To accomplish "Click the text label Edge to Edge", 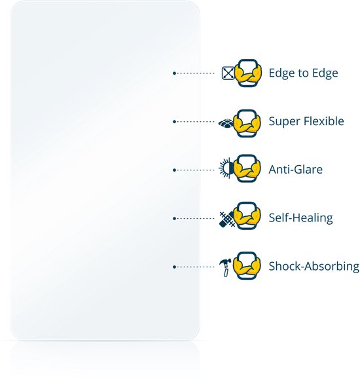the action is (x=303, y=73).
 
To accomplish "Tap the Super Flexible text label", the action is (x=306, y=121).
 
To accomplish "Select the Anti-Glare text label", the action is (x=296, y=170).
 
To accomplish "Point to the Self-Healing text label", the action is (x=300, y=218).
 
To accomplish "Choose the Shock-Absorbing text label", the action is (x=314, y=266).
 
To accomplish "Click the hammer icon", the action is (x=225, y=267).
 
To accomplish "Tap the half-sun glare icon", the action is (x=226, y=168).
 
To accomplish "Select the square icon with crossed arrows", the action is (x=228, y=73).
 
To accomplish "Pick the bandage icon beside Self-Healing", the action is (x=226, y=219).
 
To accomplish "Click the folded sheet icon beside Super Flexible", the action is (x=226, y=123).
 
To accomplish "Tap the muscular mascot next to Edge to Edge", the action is (x=248, y=73).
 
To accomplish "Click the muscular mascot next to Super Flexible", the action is (x=247, y=123).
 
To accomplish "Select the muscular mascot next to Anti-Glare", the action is (x=247, y=168).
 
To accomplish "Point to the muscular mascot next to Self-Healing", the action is (x=247, y=216).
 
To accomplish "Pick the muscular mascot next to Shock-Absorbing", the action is (x=247, y=265).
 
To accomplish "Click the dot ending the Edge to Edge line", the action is (x=174, y=73).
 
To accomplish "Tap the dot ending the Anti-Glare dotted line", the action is (x=174, y=170).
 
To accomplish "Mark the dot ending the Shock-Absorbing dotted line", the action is (x=174, y=267).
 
